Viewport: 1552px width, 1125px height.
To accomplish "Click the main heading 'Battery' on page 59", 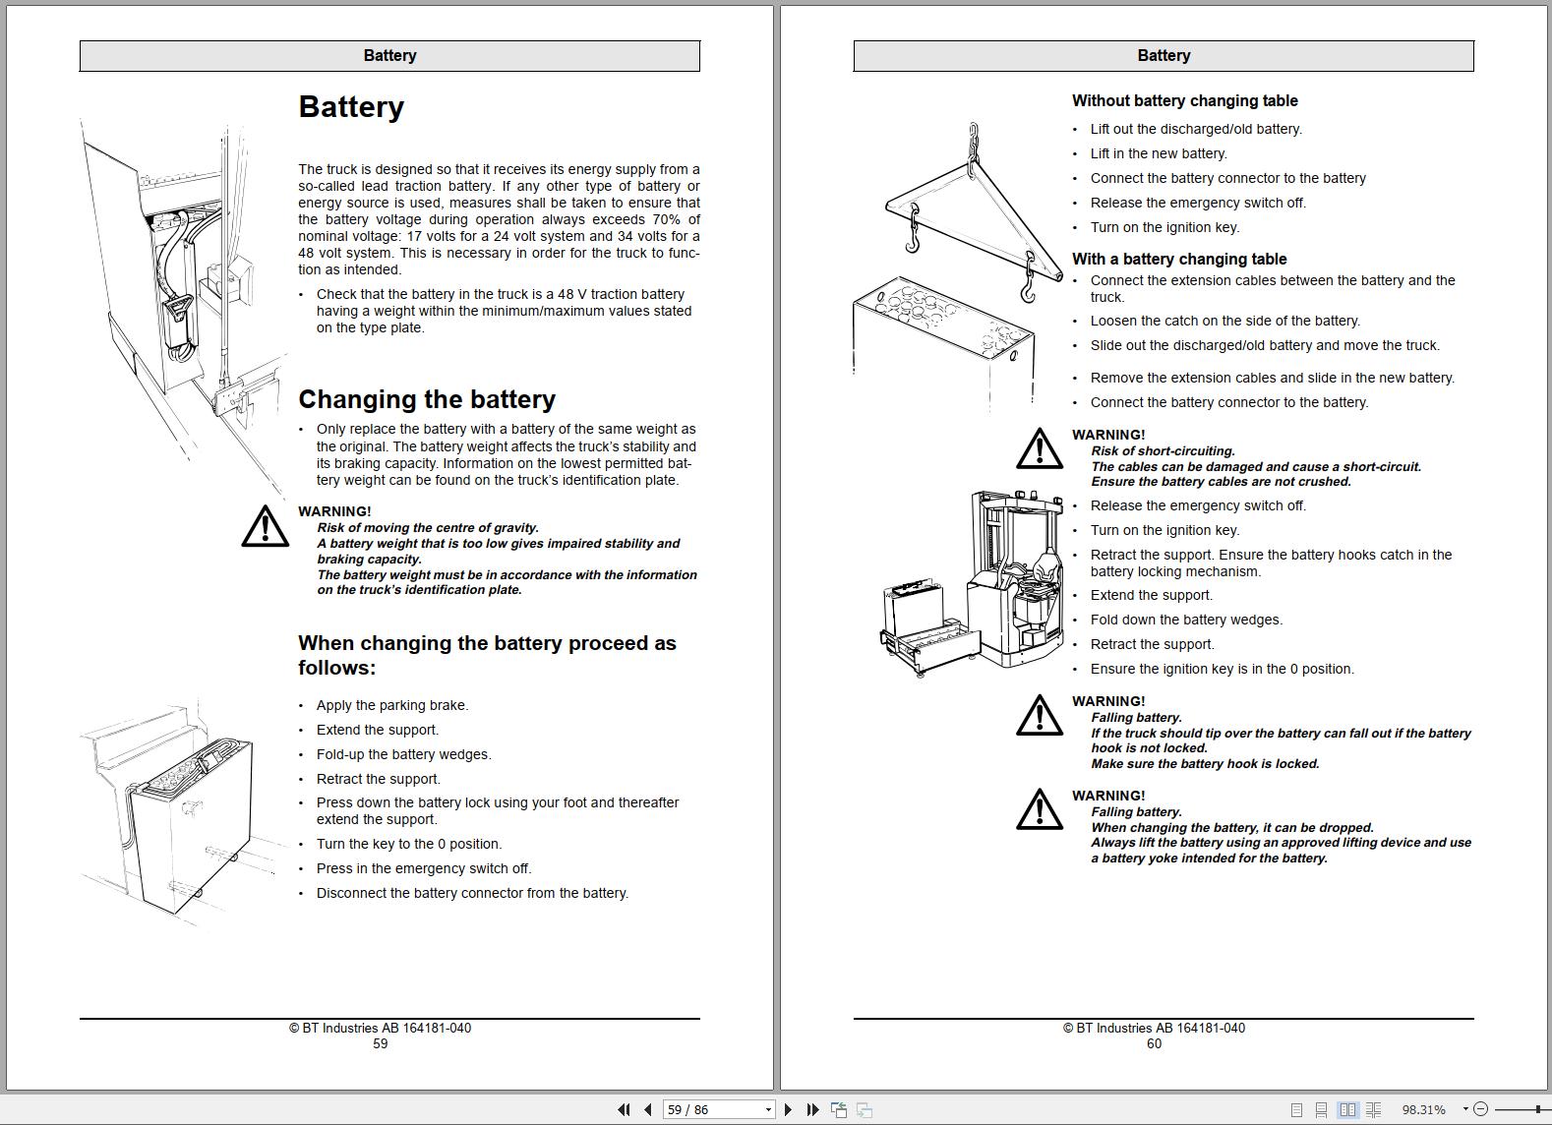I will pyautogui.click(x=351, y=107).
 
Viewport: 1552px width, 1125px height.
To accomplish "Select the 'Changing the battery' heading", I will pyautogui.click(x=427, y=399).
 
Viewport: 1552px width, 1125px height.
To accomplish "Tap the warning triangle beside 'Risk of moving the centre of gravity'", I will pyautogui.click(x=265, y=527).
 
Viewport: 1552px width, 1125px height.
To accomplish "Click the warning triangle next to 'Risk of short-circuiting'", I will pyautogui.click(x=1039, y=449).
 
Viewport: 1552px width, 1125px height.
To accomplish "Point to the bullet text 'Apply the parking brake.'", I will pyautogui.click(x=392, y=705).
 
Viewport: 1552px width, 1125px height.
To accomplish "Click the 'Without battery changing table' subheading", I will pyautogui.click(x=1184, y=100).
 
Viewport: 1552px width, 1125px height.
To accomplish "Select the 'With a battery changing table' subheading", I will pyautogui.click(x=1178, y=259).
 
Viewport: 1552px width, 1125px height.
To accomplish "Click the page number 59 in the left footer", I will pyautogui.click(x=380, y=1044).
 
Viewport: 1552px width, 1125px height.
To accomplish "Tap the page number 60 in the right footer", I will pyautogui.click(x=1154, y=1044).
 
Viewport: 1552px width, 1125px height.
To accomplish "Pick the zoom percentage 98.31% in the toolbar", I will pyautogui.click(x=1423, y=1109).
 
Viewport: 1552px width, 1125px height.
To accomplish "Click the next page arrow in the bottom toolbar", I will pyautogui.click(x=788, y=1109).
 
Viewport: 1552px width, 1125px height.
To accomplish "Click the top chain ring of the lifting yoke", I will pyautogui.click(x=973, y=130).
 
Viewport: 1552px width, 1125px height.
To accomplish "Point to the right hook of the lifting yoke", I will pyautogui.click(x=1028, y=285).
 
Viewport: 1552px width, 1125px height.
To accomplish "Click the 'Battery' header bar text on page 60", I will pyautogui.click(x=1164, y=56).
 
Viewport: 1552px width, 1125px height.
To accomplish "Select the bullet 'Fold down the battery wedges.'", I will pyautogui.click(x=1186, y=620).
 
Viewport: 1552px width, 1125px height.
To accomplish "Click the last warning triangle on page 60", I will pyautogui.click(x=1039, y=810).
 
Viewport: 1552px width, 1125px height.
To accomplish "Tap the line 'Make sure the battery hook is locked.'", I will pyautogui.click(x=1205, y=764).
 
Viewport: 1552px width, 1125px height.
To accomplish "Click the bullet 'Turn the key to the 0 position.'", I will pyautogui.click(x=409, y=844).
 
